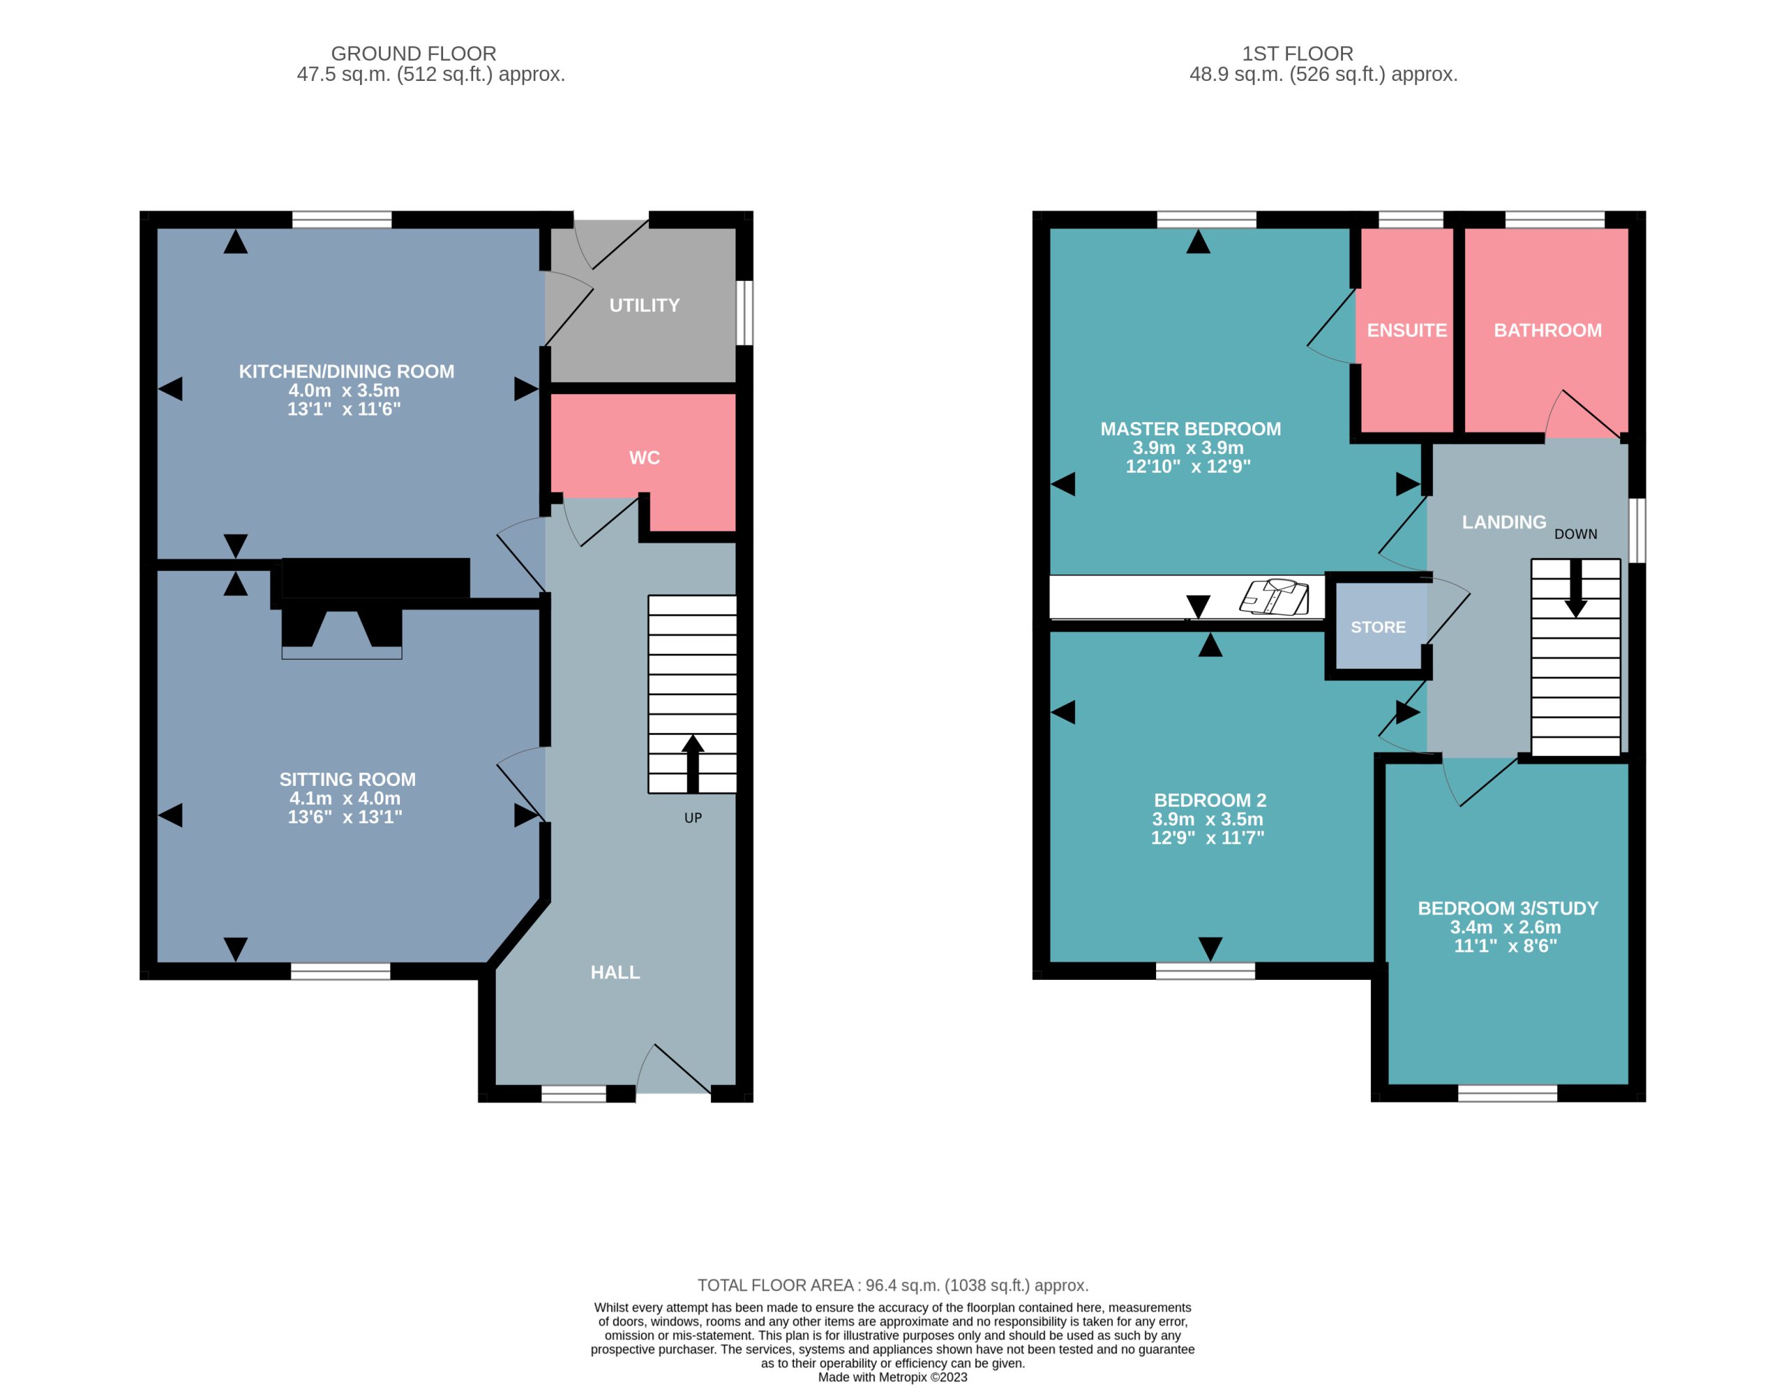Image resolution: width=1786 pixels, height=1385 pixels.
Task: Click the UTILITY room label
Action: pos(645,305)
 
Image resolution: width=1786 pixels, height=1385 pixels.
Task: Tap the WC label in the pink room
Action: pos(645,458)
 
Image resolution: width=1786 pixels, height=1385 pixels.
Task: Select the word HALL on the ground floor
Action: pos(615,972)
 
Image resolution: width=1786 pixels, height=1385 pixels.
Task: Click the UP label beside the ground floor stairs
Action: pos(693,817)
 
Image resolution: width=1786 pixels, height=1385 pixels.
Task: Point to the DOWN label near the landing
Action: pos(1576,534)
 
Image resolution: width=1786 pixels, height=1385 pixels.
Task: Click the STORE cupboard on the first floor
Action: pos(1378,627)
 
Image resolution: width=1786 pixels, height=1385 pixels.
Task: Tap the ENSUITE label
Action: pos(1406,331)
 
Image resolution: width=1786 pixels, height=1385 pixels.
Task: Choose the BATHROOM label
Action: pos(1547,331)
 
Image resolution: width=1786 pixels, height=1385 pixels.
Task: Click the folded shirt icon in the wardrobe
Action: pos(1275,597)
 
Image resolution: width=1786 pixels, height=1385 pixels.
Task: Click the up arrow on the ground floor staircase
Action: pos(693,764)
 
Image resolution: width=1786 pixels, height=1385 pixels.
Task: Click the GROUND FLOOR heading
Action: pos(413,54)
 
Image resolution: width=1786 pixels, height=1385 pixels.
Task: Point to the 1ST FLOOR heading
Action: pos(1297,54)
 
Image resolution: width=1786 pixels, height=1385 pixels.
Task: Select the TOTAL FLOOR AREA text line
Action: pos(893,1286)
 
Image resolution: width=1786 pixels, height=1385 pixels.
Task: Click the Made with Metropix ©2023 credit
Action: pos(893,1377)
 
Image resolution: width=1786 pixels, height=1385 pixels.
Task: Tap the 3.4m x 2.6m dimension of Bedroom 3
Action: pos(1506,927)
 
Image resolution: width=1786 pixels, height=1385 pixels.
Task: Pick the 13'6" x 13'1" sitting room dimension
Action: pos(345,817)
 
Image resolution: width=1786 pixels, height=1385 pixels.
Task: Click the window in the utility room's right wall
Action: pos(744,313)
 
